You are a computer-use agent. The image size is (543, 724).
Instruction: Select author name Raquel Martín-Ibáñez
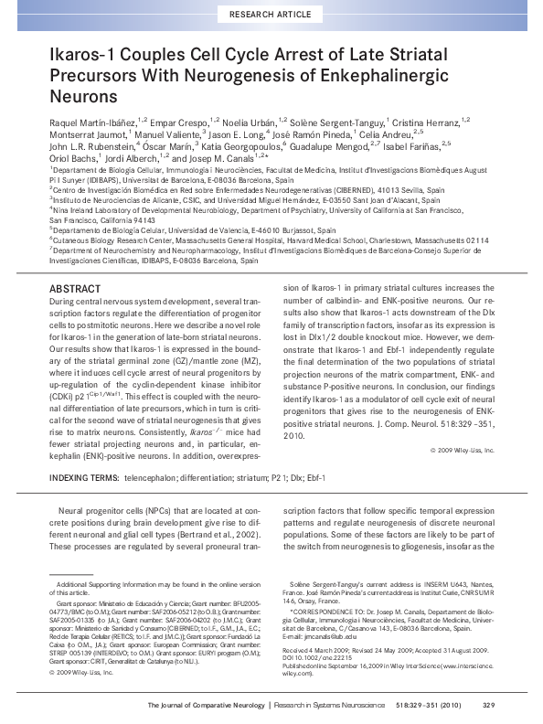point(101,122)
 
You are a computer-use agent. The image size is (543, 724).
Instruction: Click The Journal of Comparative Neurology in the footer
point(207,705)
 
